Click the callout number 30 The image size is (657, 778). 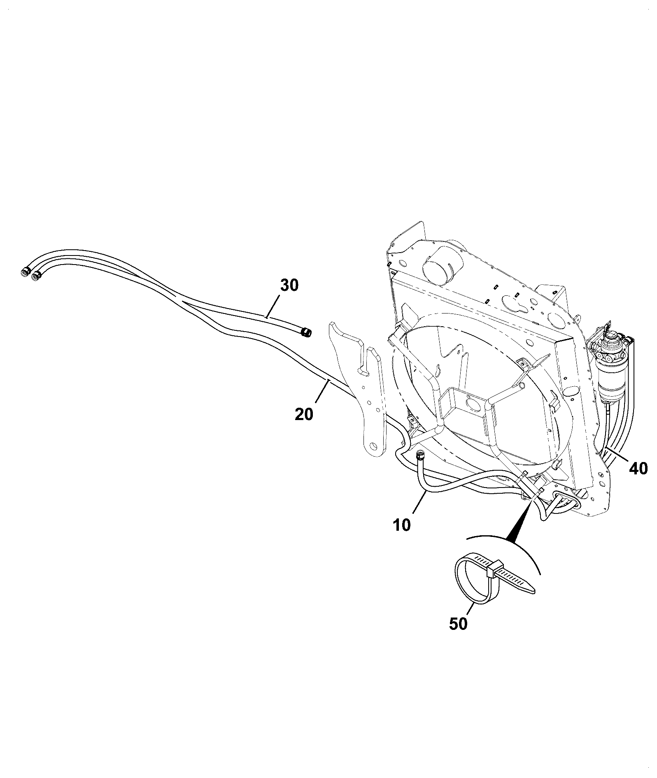pyautogui.click(x=289, y=285)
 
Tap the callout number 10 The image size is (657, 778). pyautogui.click(x=402, y=525)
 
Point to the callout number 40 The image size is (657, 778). pyautogui.click(x=638, y=468)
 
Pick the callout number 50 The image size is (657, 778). pyautogui.click(x=458, y=635)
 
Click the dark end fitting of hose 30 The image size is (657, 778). pyautogui.click(x=306, y=321)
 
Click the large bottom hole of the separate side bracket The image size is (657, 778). pyautogui.click(x=375, y=446)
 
